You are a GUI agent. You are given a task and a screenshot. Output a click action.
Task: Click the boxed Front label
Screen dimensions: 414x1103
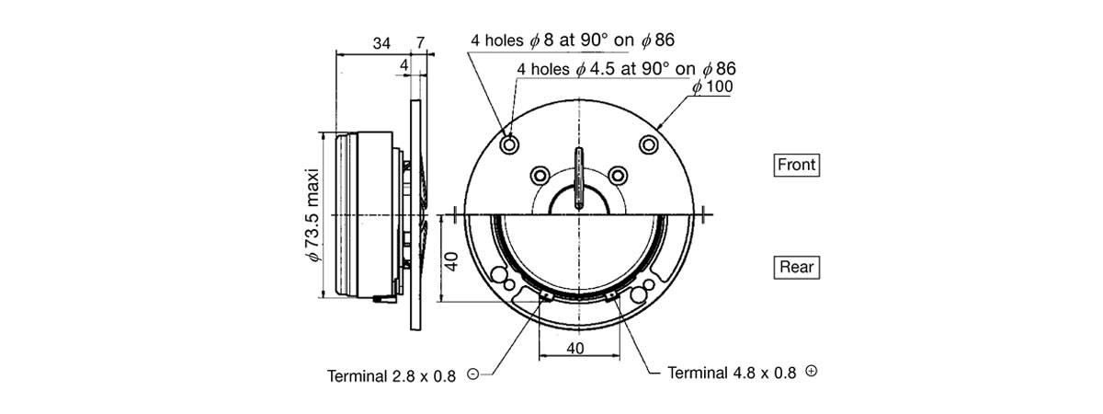click(x=796, y=166)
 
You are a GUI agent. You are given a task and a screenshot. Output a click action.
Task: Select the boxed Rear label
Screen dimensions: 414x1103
click(x=796, y=268)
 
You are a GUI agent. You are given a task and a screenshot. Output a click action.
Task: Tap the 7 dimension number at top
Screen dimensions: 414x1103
click(x=420, y=44)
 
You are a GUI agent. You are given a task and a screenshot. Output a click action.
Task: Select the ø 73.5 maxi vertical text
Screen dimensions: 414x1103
click(x=313, y=215)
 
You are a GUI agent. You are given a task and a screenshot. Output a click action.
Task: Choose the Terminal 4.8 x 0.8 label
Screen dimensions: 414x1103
click(x=733, y=373)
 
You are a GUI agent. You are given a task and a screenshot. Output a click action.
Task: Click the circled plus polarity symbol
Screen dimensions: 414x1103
click(x=811, y=371)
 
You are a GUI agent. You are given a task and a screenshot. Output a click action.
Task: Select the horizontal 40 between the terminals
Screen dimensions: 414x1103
click(x=577, y=349)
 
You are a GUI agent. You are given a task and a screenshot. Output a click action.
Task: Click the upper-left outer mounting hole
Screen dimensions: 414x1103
click(x=508, y=144)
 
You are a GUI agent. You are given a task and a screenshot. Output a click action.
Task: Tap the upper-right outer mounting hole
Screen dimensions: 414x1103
click(x=649, y=144)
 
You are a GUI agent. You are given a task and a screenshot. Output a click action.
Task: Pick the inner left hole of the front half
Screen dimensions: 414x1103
click(x=540, y=175)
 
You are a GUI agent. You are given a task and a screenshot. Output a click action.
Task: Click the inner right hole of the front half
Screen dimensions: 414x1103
click(x=618, y=175)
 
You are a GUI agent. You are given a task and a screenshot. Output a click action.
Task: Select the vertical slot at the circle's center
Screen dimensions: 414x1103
click(x=578, y=178)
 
